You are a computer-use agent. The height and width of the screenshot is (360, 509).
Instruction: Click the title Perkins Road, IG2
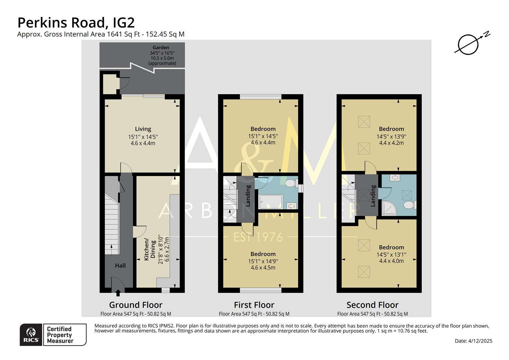(76, 23)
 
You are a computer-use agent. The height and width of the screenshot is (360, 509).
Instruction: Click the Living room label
(143, 129)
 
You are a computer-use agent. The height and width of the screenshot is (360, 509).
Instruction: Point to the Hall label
(120, 266)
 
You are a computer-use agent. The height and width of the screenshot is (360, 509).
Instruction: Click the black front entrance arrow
(118, 293)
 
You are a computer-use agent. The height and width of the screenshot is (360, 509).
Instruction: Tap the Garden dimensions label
(162, 55)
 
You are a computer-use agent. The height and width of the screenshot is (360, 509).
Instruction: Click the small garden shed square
(108, 84)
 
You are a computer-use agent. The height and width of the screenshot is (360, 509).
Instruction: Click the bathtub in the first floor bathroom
(271, 201)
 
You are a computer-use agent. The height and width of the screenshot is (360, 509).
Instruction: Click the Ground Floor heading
(136, 305)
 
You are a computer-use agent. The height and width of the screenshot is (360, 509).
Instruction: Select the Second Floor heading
(372, 305)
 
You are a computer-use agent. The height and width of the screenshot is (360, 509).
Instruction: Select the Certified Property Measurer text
(60, 335)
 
